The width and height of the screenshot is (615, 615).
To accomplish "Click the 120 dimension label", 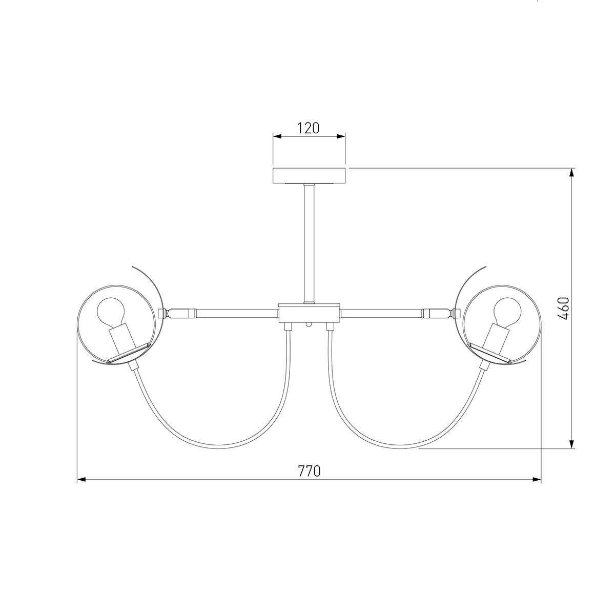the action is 308,128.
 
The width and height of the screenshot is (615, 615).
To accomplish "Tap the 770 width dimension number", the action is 309,471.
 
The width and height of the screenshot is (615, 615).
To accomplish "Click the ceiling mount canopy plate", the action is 309,176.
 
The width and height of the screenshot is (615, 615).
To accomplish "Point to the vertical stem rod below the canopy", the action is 309,243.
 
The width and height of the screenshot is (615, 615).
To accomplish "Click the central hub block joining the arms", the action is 309,313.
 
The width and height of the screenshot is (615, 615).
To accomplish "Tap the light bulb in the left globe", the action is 111,311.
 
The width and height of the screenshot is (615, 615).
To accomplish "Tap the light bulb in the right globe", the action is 507,311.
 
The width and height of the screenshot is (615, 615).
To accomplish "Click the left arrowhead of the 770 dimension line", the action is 81,479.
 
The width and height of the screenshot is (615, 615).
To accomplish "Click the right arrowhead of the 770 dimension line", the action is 537,479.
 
